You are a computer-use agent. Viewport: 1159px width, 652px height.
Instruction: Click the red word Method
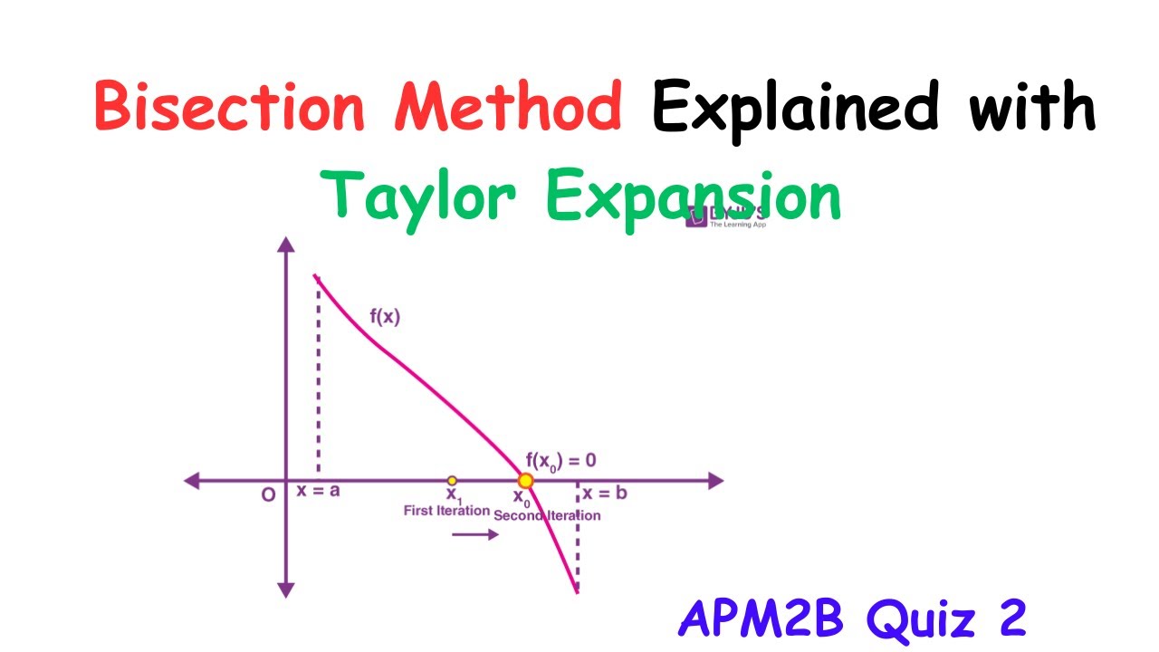tap(508, 107)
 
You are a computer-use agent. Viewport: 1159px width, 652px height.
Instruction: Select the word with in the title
tap(1032, 107)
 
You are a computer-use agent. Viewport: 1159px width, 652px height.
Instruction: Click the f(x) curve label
tap(385, 318)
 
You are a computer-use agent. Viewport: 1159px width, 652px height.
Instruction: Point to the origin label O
tap(269, 496)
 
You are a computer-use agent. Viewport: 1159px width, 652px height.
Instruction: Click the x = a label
tap(318, 492)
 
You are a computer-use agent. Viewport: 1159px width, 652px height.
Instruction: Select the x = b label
tap(604, 494)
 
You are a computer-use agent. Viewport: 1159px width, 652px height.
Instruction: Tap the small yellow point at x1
tap(452, 481)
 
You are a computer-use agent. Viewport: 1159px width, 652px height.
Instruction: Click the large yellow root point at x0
tap(525, 481)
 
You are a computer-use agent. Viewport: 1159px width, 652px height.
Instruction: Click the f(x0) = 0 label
tap(560, 460)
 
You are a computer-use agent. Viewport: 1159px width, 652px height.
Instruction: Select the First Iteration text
tap(446, 511)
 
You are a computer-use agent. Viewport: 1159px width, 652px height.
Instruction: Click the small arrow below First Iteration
tap(475, 534)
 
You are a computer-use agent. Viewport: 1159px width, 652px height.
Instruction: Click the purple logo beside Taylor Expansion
tap(697, 217)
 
